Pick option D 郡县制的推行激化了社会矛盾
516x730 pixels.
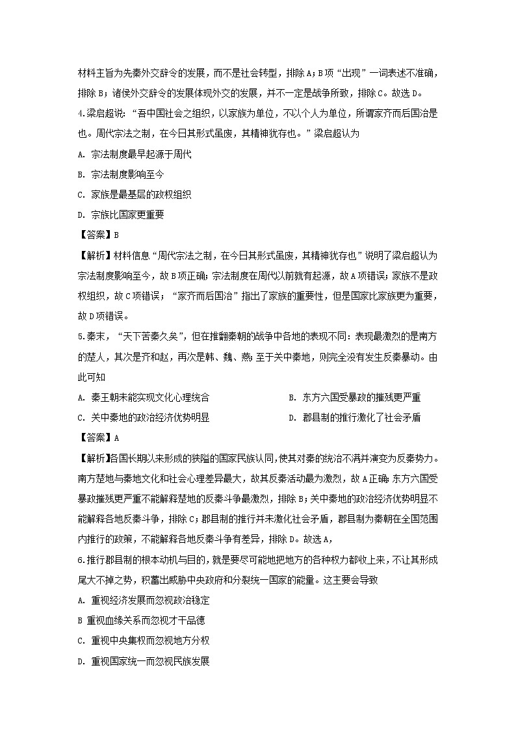(x=354, y=417)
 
